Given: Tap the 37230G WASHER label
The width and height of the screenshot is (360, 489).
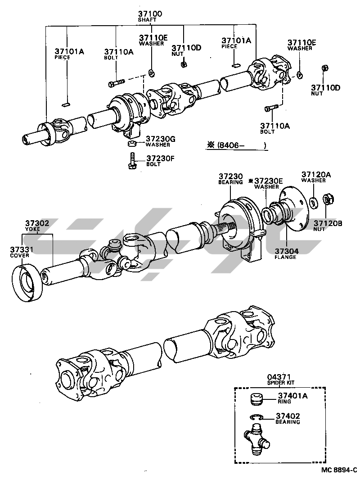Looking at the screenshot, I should click(157, 142).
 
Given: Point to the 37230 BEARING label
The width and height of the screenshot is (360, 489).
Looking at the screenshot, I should click(231, 179).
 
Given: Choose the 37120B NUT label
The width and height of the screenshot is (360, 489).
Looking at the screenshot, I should click(328, 225).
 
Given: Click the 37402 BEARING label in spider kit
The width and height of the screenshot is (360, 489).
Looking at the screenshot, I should click(288, 419).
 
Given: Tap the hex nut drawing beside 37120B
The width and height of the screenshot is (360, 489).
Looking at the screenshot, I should click(328, 199).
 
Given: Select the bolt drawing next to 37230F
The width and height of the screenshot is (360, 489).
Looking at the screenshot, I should click(132, 161).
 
